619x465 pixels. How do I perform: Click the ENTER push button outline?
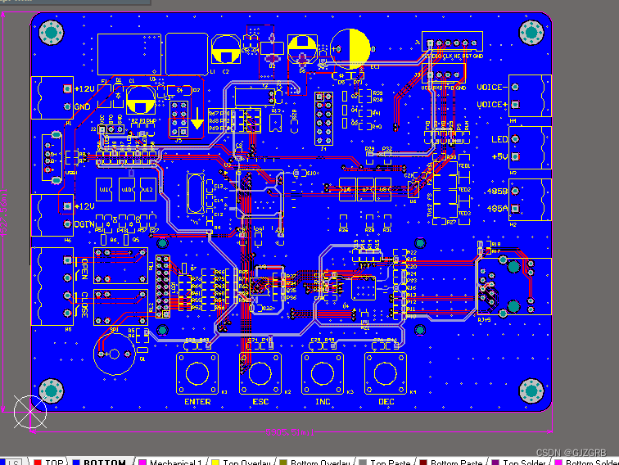tap(197, 373)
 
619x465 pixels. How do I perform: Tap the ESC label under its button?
tap(260, 402)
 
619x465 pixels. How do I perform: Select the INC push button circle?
tap(323, 373)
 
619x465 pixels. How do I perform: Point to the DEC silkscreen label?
tap(386, 402)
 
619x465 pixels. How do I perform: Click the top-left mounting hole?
tap(52, 33)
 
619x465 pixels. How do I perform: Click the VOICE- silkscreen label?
tap(492, 88)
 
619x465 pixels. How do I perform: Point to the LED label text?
tap(499, 139)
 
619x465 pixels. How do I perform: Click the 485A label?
tap(498, 209)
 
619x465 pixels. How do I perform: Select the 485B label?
tap(498, 192)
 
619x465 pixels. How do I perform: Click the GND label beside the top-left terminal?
tap(83, 106)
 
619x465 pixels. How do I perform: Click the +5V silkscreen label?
tap(498, 156)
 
